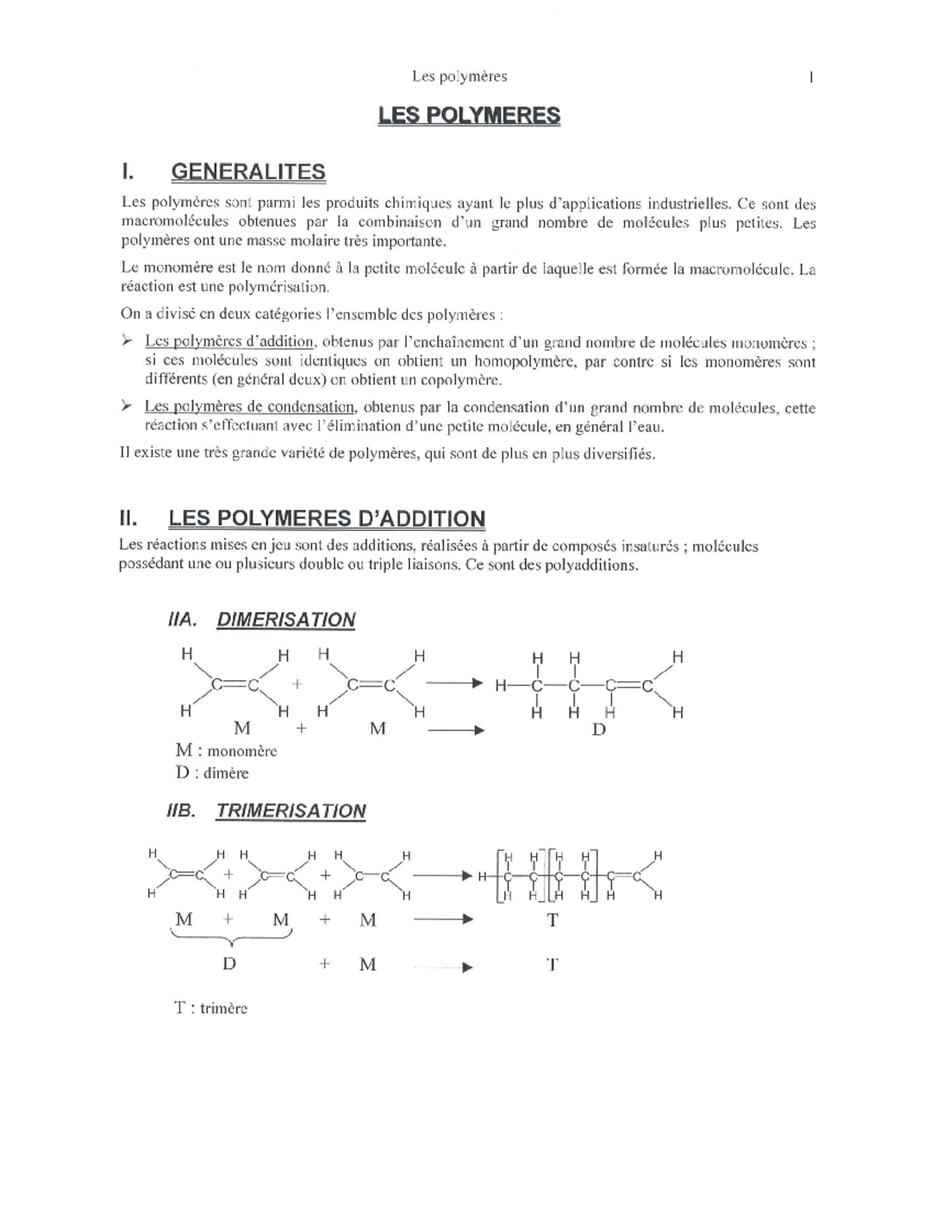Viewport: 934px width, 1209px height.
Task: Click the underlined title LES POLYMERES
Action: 469,116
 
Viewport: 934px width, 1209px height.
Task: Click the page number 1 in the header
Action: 812,76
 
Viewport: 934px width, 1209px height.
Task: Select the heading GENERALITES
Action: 248,172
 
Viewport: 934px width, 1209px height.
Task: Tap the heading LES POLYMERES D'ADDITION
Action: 327,518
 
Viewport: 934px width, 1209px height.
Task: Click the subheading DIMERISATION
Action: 286,620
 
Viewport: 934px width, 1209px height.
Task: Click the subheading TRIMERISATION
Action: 290,810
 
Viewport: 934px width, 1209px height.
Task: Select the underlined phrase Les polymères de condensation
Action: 250,407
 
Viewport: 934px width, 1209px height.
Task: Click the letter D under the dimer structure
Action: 599,729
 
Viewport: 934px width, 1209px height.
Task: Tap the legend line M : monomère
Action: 226,750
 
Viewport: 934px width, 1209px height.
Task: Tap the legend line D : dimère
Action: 212,773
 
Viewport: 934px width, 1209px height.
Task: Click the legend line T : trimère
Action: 211,1008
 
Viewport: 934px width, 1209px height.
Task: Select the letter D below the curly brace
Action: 229,964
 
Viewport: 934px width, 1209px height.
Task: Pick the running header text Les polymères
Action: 459,76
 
